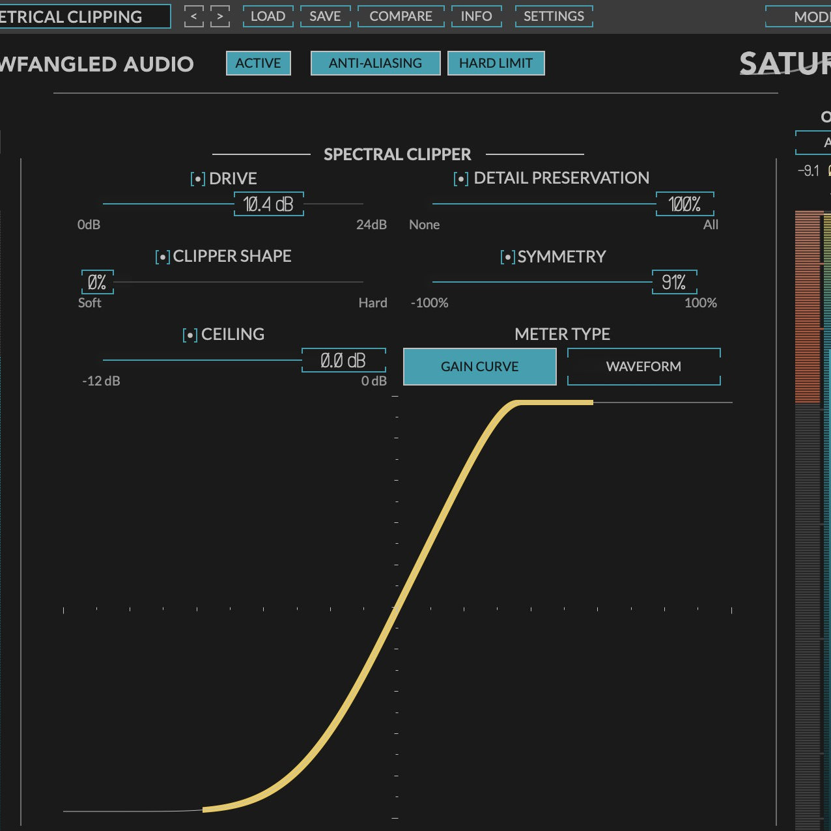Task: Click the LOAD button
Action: coord(268,16)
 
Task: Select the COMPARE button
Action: coord(401,16)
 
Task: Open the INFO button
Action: coord(476,16)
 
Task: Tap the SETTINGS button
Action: coord(554,16)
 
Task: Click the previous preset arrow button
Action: coord(193,16)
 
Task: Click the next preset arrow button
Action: coord(220,16)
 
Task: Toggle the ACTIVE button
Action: coord(258,63)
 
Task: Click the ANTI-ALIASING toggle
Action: coord(375,63)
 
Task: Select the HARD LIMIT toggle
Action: coord(496,63)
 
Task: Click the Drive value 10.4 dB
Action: coord(268,204)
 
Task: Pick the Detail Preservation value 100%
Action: coord(684,204)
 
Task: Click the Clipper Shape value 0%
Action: coord(97,283)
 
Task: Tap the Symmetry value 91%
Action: coord(674,283)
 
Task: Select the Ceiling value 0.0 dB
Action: coord(343,361)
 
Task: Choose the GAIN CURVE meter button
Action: coord(479,367)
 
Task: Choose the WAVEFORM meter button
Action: coord(643,367)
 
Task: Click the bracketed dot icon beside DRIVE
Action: coord(198,179)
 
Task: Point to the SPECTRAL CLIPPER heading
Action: coord(397,154)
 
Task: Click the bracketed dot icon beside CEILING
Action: coord(190,335)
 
